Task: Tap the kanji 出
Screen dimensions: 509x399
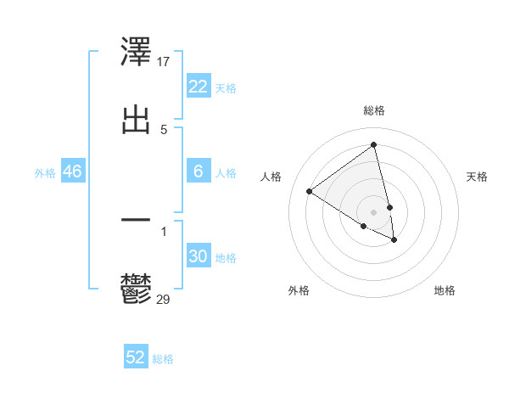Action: click(137, 120)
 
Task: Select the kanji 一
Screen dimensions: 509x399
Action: click(137, 221)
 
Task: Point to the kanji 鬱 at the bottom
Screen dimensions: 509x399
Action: click(137, 289)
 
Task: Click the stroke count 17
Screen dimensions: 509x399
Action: click(165, 62)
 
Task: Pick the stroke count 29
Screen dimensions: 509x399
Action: click(164, 299)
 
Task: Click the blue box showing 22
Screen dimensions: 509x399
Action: click(199, 87)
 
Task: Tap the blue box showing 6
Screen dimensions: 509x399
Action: click(199, 171)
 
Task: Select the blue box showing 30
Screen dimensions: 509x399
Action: click(199, 256)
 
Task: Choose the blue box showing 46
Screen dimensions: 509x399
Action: click(72, 171)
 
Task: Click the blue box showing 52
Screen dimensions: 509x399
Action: click(136, 357)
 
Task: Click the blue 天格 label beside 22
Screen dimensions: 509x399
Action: click(226, 88)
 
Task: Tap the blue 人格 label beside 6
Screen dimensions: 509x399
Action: click(226, 173)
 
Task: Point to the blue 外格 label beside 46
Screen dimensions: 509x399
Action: click(45, 173)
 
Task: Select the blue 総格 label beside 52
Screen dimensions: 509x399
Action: click(163, 359)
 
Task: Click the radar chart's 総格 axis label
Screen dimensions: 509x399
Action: click(374, 110)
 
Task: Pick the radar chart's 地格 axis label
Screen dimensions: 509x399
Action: click(445, 290)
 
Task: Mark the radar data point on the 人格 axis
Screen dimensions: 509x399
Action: click(309, 191)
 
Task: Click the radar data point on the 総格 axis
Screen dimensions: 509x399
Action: click(374, 144)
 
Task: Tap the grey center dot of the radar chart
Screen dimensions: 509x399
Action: click(374, 211)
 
